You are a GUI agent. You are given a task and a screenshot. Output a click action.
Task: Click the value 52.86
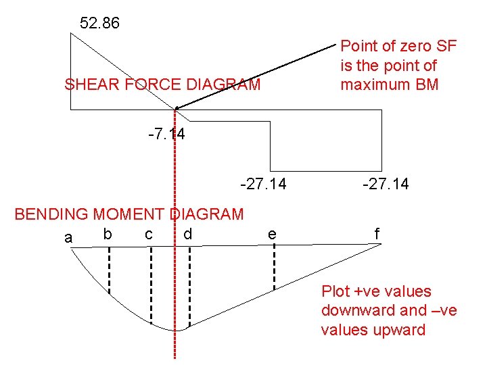point(99,24)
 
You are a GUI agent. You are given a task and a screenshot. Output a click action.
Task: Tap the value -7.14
point(166,135)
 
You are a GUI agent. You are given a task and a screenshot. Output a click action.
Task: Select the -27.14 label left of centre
point(263,183)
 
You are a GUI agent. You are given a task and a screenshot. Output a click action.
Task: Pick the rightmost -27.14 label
point(386,183)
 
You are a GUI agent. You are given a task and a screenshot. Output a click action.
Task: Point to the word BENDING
point(51,215)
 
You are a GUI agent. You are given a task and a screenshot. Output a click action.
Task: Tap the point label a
point(68,238)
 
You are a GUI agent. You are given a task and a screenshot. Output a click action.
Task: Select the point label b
point(106,234)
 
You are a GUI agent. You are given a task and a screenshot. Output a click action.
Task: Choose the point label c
point(148,234)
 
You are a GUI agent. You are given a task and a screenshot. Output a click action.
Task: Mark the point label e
point(271,234)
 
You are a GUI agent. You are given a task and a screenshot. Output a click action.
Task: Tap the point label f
point(377,234)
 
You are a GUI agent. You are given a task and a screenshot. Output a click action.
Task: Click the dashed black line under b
point(110,270)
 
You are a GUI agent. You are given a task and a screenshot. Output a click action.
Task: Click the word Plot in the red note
point(335,291)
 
